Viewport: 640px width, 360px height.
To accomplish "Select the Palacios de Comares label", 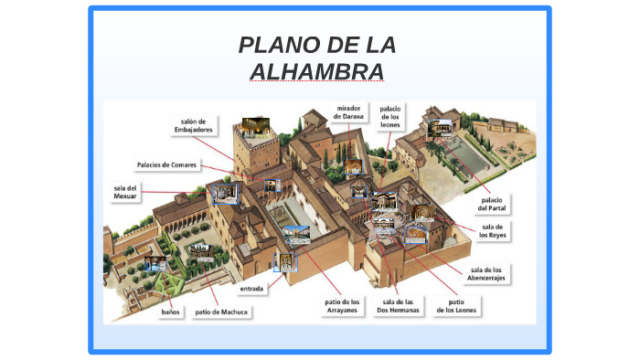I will [x=166, y=165].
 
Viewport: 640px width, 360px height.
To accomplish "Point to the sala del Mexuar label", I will [x=125, y=192].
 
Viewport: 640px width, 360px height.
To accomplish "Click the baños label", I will [x=171, y=312].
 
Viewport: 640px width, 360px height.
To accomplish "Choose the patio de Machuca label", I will [x=222, y=312].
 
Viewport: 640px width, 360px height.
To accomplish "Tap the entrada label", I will [x=251, y=289].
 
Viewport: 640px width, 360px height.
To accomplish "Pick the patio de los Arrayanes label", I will [x=342, y=305].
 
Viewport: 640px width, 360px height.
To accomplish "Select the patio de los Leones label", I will [x=456, y=305].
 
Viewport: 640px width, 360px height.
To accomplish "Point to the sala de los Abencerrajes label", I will [x=486, y=273].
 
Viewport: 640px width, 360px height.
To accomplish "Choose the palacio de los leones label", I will [x=390, y=117].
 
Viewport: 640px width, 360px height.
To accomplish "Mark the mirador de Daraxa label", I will [x=350, y=112].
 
